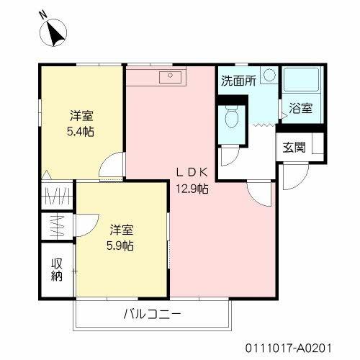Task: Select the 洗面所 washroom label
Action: (x=238, y=81)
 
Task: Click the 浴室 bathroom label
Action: (x=301, y=109)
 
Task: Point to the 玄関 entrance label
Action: (x=294, y=148)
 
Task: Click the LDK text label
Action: (x=192, y=172)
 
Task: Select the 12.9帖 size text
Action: (x=193, y=189)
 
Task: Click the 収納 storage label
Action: (x=57, y=271)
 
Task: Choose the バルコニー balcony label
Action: (x=151, y=314)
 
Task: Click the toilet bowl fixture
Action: (x=232, y=116)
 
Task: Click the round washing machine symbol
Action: (x=267, y=74)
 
